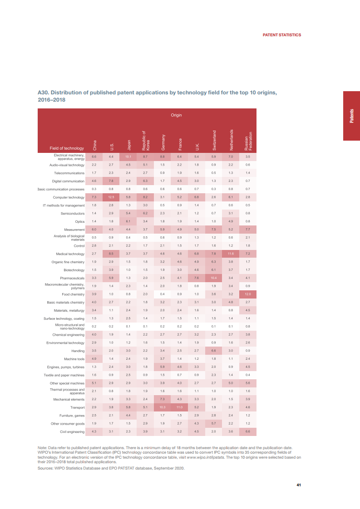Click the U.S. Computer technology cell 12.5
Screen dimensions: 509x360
coord(111,197)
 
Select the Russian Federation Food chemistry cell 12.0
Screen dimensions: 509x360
coord(248,294)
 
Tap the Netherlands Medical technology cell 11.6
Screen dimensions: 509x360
coord(231,254)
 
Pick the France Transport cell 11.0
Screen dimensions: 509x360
coord(179,408)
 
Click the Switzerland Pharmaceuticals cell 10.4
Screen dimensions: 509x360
coord(213,278)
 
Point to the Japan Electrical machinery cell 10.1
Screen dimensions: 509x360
coord(128,157)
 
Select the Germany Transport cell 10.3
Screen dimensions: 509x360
coord(163,408)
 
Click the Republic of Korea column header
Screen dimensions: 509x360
coord(145,140)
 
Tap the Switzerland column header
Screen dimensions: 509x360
coord(214,141)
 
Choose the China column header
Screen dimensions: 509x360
coord(94,145)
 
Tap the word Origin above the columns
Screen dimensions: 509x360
coord(176,115)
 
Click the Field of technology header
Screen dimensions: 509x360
coord(67,148)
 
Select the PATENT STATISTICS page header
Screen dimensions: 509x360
coord(282,35)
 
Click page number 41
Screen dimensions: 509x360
coord(299,485)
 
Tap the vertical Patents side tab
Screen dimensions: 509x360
coord(351,116)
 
